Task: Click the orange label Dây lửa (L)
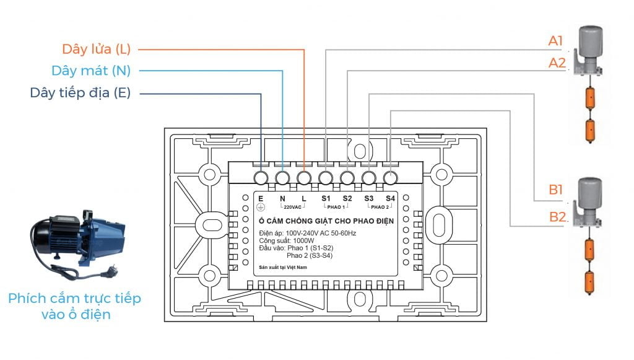[96, 49]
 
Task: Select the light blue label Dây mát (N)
[91, 71]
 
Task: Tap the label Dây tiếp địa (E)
[80, 93]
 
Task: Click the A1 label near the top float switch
[556, 42]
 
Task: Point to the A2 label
[557, 63]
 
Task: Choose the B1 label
[556, 190]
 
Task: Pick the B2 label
[557, 217]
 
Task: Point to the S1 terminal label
[326, 198]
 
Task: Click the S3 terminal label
[369, 198]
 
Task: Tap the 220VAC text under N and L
[293, 207]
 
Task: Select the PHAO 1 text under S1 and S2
[336, 207]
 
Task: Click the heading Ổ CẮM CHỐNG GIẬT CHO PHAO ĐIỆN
[326, 221]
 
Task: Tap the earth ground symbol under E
[261, 207]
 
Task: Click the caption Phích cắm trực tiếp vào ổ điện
[74, 306]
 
